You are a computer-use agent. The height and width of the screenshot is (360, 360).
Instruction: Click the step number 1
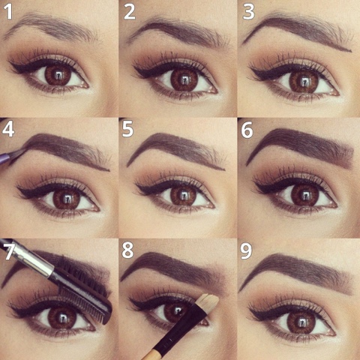click(x=8, y=12)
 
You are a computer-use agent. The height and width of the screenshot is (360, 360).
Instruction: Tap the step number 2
click(x=130, y=12)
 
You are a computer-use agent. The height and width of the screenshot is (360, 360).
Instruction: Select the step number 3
click(x=248, y=12)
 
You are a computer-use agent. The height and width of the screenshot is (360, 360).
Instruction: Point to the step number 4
click(x=7, y=129)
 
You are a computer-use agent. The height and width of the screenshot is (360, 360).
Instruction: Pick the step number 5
click(x=127, y=129)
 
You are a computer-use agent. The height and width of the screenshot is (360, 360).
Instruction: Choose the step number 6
click(x=247, y=130)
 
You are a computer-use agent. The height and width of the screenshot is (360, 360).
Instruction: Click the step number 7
click(x=9, y=250)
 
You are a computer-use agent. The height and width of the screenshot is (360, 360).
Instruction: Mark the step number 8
click(x=127, y=250)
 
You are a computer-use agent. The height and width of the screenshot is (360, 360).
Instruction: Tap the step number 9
click(x=246, y=251)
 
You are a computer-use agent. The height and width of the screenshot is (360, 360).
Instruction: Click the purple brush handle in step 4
click(x=5, y=158)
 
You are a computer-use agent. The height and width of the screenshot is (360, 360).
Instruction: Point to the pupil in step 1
click(x=58, y=75)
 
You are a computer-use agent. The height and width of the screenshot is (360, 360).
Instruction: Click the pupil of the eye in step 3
click(x=304, y=81)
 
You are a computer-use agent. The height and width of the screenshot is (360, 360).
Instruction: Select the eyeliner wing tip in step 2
click(x=134, y=67)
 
